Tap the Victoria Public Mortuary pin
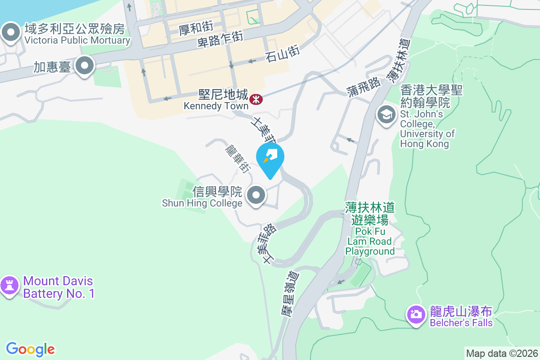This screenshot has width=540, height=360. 11,32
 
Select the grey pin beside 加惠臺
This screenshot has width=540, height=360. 84,67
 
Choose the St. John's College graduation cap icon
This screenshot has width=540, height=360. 386,115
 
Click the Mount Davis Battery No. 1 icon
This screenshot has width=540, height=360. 9,285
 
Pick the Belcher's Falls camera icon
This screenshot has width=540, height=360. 416,314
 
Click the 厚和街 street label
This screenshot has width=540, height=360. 195,30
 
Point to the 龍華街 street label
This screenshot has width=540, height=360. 238,158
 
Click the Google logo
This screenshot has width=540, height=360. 30,349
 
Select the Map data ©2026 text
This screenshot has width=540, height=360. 502,353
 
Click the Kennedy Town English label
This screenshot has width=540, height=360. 216,106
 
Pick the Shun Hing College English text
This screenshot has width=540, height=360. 202,203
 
